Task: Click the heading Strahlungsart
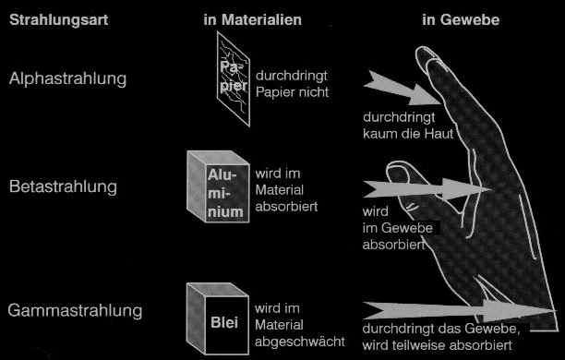pos(58,19)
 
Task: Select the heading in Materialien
pos(252,19)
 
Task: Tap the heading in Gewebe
pos(461,19)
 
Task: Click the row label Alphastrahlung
pos(67,78)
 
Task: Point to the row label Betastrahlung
pos(63,186)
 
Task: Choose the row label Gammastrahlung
pos(75,311)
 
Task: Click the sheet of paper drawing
pos(234,79)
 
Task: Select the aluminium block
pos(219,186)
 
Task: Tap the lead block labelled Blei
pos(218,318)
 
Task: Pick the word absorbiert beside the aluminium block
pos(286,207)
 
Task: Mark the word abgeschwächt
pos(300,342)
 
